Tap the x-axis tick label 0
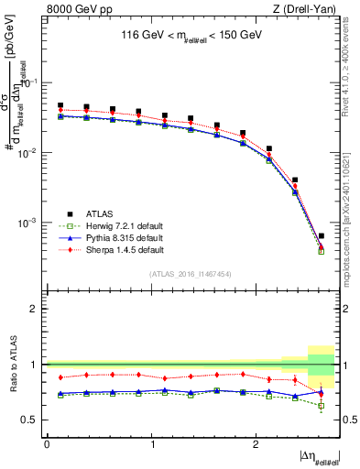click(47, 443)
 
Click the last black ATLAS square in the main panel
click(321, 236)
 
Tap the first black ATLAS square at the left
click(60, 106)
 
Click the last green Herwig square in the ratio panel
click(321, 405)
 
